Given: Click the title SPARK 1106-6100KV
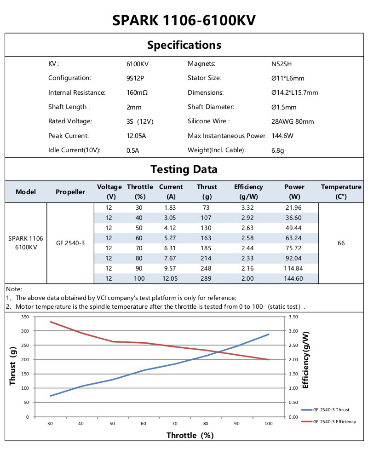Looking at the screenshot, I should [184, 21].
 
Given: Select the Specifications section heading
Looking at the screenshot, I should [184, 45].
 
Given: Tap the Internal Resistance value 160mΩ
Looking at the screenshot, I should [137, 93].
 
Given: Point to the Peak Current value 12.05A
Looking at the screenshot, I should [136, 136].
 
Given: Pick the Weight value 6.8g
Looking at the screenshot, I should [277, 150].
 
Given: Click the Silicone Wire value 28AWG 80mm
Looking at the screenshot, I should [293, 122].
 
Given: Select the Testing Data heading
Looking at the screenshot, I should [184, 169].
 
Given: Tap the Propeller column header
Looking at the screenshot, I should [70, 192].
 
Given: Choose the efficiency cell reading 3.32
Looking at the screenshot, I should [248, 207].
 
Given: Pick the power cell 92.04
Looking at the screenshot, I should [294, 258].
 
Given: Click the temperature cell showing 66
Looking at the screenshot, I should [341, 243].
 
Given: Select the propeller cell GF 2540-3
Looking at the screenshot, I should [70, 243].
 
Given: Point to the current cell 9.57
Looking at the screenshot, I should [170, 268].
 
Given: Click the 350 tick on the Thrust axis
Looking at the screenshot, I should [25, 317].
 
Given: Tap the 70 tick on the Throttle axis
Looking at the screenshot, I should [175, 423].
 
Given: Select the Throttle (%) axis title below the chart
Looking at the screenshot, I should [190, 435].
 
